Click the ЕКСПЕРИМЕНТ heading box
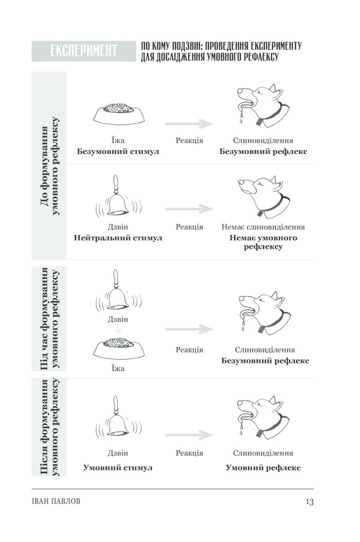83,51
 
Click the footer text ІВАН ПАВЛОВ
56,501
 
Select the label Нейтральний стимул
118,238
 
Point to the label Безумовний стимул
118,152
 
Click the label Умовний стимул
118,468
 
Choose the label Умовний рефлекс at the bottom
263,468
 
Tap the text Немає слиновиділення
263,227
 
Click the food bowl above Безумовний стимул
119,113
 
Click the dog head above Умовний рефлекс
263,417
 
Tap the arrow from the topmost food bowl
189,124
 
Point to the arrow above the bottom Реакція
189,435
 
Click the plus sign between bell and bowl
118,331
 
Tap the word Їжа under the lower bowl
118,369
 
